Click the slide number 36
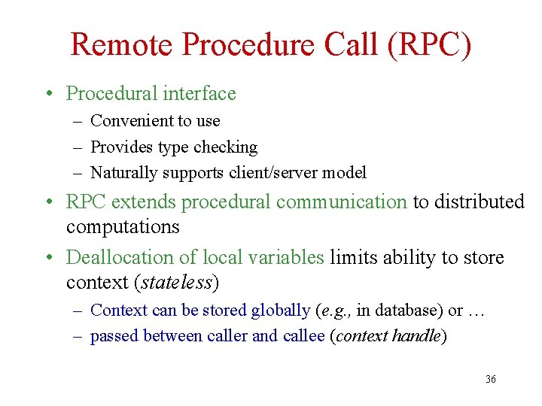[x=491, y=380]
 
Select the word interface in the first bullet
[x=198, y=93]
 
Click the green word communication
[x=342, y=201]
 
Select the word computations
[x=123, y=226]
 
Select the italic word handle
[x=417, y=336]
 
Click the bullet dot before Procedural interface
[x=47, y=94]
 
